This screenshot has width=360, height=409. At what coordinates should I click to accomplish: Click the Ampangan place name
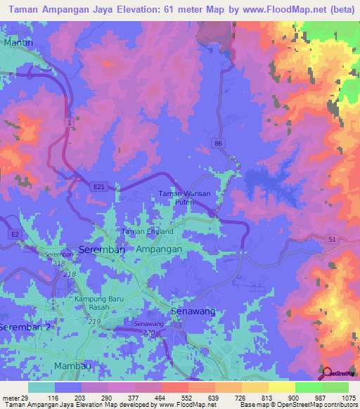tap(159, 249)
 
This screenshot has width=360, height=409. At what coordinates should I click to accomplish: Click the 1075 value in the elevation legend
tap(348, 398)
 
